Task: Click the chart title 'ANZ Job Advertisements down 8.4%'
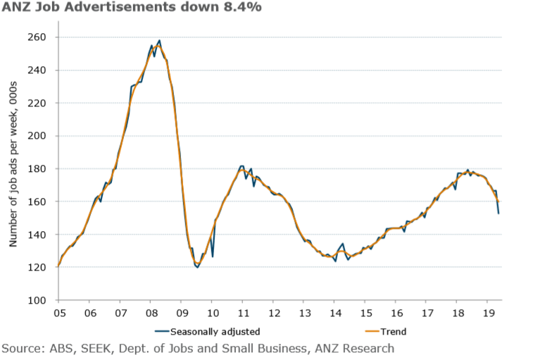point(120,8)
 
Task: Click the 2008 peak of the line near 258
point(159,41)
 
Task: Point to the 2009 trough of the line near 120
point(197,267)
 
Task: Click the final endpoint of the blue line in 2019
point(499,213)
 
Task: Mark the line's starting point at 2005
point(58,267)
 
